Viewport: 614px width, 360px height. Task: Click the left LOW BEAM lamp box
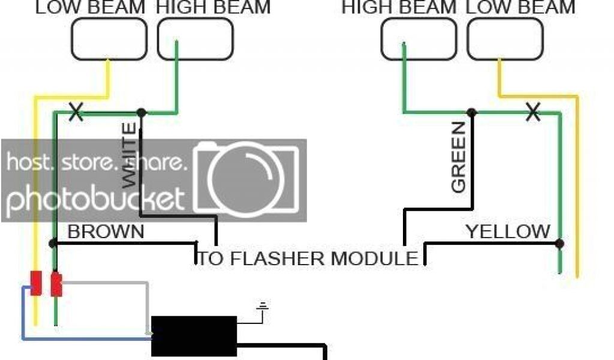(109, 39)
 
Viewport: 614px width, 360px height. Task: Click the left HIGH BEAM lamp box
(195, 39)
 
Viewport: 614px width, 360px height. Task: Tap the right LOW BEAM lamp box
(504, 39)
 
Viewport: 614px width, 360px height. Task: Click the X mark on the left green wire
(76, 112)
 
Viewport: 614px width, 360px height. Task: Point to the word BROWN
(106, 232)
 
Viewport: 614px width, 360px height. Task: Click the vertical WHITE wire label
(129, 156)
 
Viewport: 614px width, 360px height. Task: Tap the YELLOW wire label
(508, 232)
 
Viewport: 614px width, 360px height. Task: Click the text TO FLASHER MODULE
(308, 259)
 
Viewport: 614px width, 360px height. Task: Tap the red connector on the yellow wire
(36, 283)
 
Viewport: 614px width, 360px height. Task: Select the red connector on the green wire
(56, 284)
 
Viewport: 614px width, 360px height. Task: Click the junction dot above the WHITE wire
(141, 112)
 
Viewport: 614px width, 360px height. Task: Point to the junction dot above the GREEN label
(472, 112)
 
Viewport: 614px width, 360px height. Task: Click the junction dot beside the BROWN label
(53, 243)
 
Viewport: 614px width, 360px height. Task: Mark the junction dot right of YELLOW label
(559, 243)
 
